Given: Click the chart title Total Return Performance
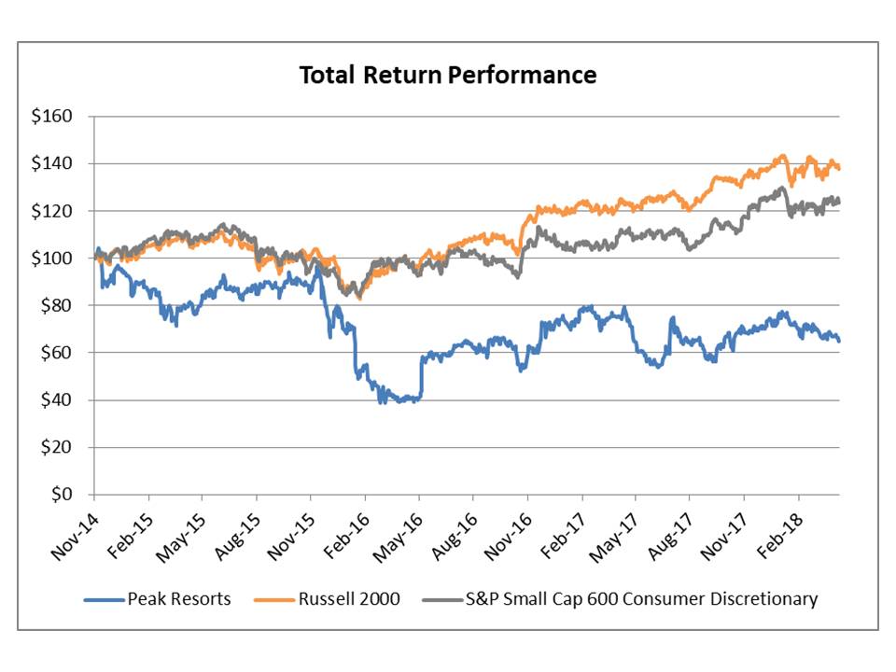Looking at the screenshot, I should tap(447, 75).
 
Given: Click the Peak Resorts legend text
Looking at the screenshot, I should tap(179, 599).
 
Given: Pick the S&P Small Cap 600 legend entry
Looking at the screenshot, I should tap(641, 599).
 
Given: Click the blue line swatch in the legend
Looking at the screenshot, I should tap(103, 599).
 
